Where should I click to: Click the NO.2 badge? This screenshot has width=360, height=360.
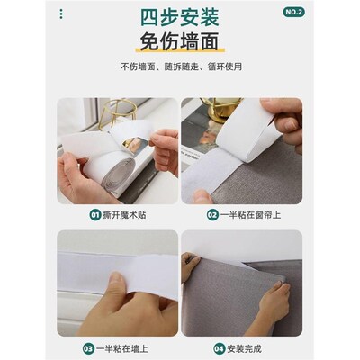[293, 12]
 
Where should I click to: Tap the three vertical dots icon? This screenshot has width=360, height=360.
[61, 13]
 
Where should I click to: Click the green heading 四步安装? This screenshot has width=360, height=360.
[180, 17]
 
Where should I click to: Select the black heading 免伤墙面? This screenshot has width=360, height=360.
[179, 41]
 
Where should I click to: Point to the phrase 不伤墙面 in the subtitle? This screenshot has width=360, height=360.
[138, 67]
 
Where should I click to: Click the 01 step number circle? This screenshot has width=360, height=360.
[95, 215]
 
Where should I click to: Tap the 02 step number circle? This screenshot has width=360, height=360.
[212, 215]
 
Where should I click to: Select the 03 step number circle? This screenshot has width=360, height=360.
[88, 349]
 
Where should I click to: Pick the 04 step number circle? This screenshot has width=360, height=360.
[219, 349]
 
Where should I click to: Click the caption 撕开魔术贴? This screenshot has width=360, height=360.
[124, 215]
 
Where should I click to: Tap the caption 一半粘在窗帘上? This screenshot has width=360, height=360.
[250, 215]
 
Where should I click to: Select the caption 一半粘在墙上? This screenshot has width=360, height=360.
[122, 349]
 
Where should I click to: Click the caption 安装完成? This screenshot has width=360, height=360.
[244, 349]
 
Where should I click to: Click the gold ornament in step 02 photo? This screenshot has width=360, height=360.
[221, 109]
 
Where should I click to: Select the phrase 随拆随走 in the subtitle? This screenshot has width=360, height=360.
[181, 67]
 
